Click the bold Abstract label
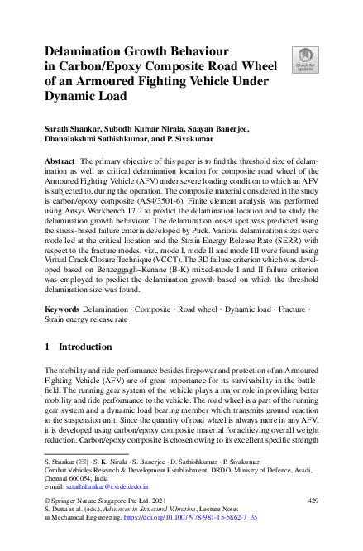[60, 160]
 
